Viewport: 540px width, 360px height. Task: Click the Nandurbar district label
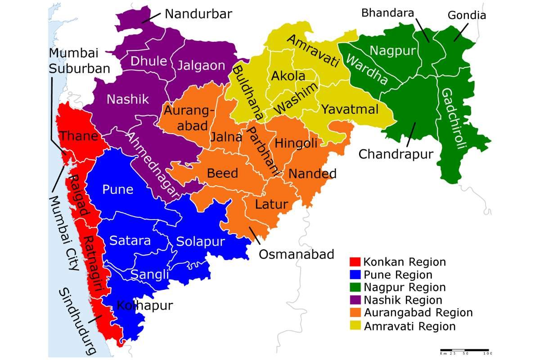(198, 13)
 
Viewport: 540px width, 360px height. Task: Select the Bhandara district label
(387, 13)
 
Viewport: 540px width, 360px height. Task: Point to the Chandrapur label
(396, 154)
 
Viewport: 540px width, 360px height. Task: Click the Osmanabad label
(297, 255)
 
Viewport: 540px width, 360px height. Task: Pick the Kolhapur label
(144, 306)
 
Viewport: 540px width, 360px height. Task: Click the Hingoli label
(296, 144)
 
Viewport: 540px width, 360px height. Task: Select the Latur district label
(271, 205)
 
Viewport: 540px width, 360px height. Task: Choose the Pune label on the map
(118, 189)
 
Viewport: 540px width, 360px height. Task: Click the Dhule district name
(149, 62)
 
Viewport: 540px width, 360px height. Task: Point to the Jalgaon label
(201, 66)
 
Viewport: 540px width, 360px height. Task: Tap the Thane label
(78, 136)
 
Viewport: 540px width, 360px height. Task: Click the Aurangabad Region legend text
(418, 313)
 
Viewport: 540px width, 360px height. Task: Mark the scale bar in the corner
(465, 350)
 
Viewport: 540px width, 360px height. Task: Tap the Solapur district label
(200, 242)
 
